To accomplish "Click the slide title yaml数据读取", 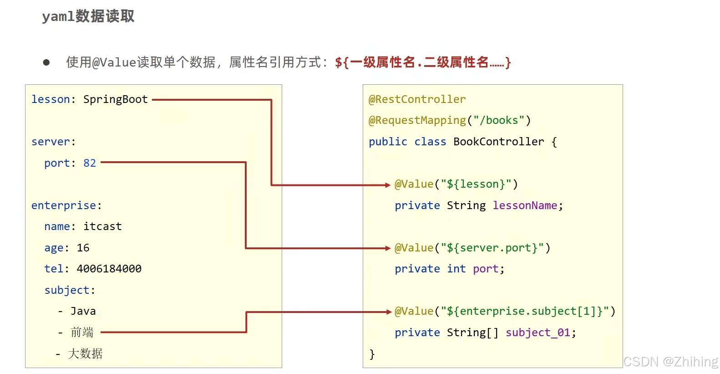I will point(88,16).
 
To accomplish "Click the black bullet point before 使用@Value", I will point(46,62).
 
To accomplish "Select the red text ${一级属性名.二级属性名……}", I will point(423,62).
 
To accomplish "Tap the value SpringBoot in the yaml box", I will point(116,99).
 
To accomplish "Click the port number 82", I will point(90,163).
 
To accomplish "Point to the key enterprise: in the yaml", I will point(66,205).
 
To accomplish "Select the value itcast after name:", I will point(102,226).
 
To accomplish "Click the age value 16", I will point(83,248).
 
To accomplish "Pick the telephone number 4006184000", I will point(109,269).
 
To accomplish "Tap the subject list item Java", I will point(83,311).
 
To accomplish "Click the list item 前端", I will point(82,333).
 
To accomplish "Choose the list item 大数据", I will point(85,354).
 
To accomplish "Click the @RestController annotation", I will point(417,99).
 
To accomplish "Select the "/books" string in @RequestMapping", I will point(499,120).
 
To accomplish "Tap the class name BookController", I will point(498,142).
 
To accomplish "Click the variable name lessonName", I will point(525,205).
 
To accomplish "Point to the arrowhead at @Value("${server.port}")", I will point(388,248).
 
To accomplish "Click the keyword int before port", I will point(456,269).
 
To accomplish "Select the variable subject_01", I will point(537,333).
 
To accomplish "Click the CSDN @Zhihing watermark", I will point(670,362).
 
